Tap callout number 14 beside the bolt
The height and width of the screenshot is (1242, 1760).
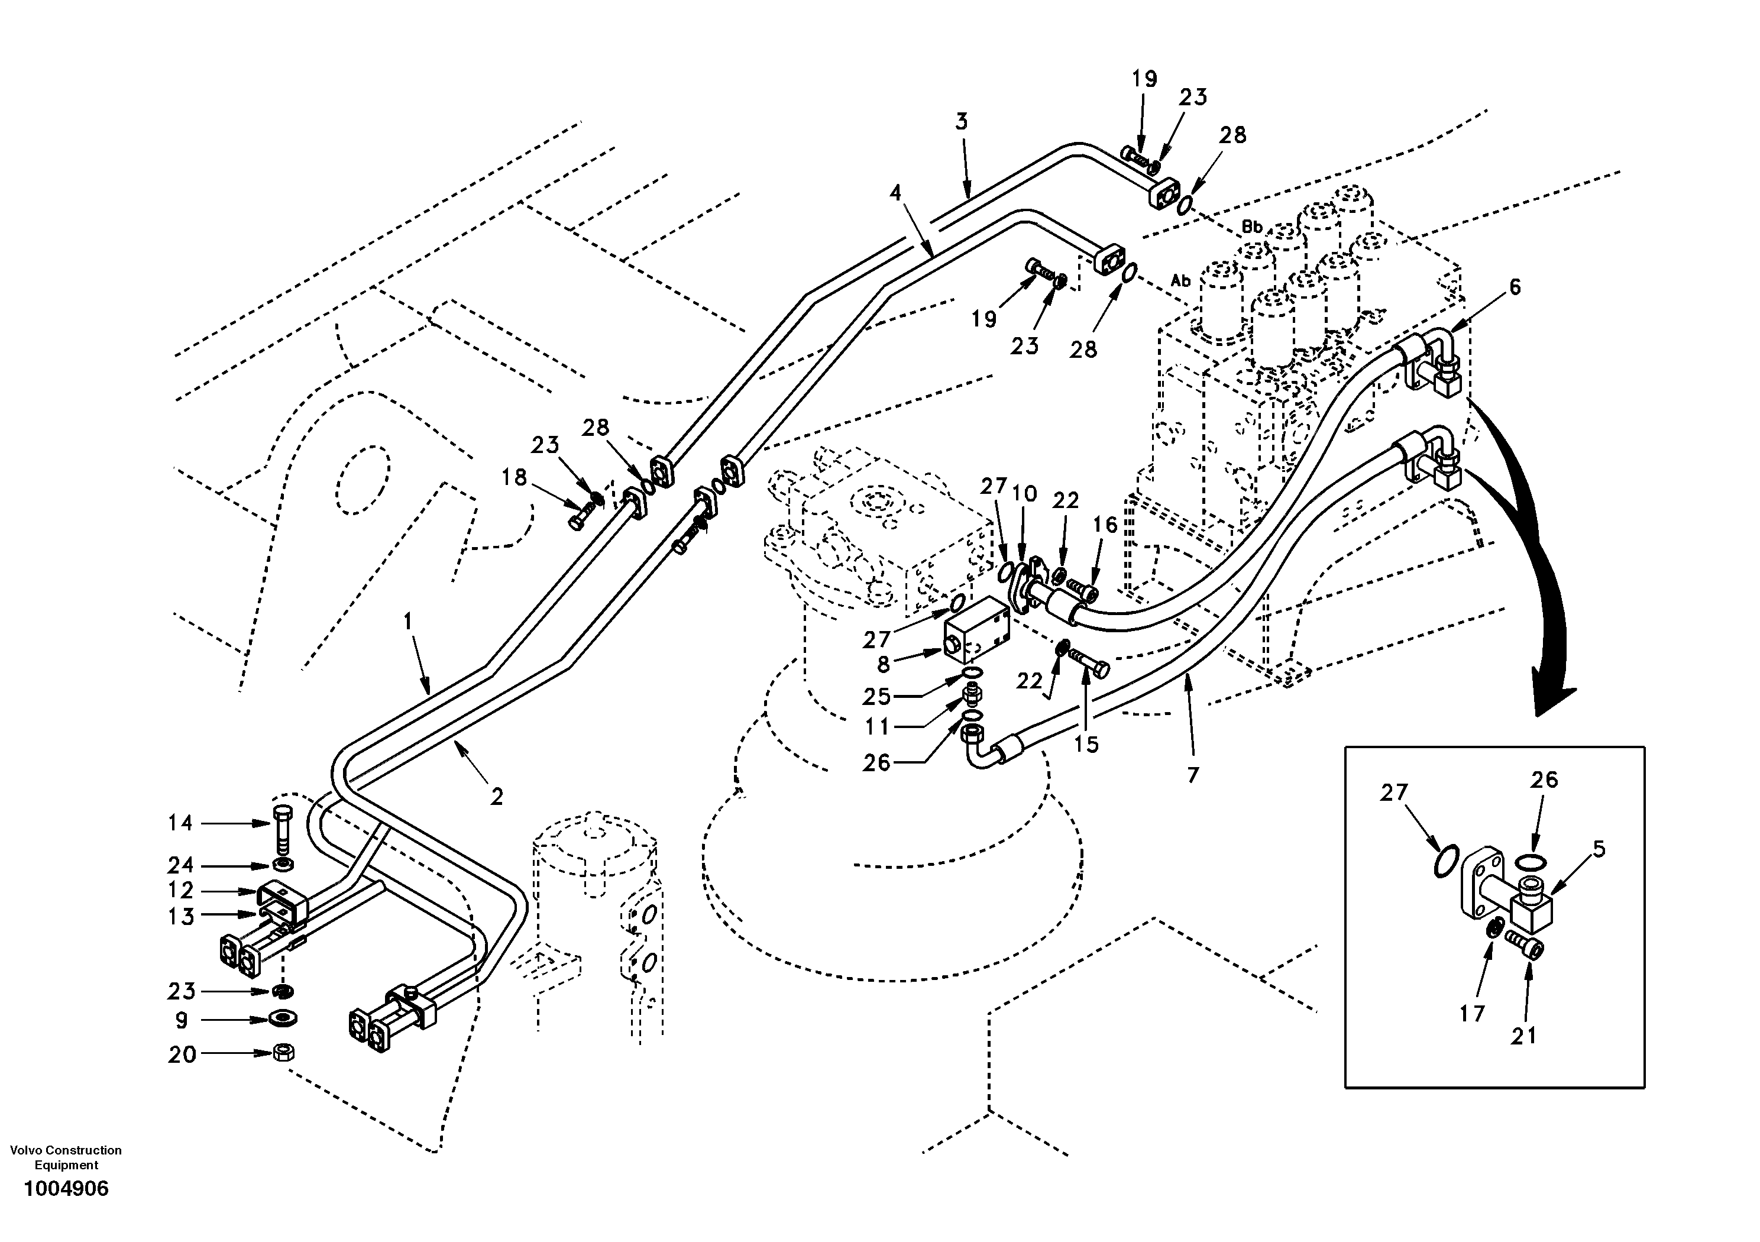click(181, 823)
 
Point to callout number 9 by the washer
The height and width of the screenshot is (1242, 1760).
click(182, 1020)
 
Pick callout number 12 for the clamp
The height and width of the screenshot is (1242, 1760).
click(181, 890)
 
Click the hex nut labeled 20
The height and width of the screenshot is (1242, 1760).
click(283, 1053)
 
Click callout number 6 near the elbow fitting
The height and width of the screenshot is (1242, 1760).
click(1514, 287)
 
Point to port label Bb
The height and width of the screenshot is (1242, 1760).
click(1252, 228)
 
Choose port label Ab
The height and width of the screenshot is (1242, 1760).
click(1180, 282)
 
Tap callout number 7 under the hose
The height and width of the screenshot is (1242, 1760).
click(1192, 775)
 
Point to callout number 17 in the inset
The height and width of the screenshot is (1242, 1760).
click(1472, 1014)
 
